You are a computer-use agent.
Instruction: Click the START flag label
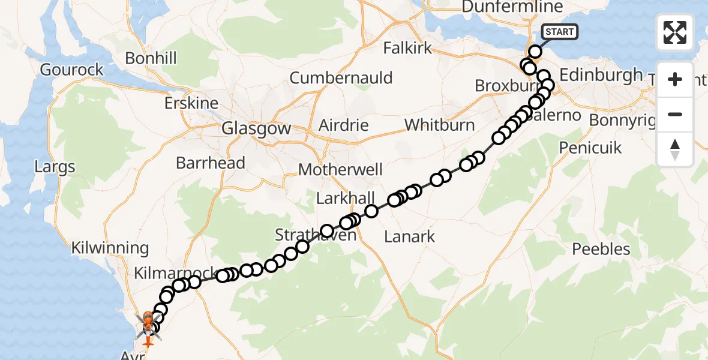[560, 32]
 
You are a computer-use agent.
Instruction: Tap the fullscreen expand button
[675, 32]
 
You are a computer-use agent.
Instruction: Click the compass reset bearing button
[675, 149]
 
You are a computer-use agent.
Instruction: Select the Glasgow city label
[256, 128]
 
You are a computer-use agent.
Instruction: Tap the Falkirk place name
[407, 48]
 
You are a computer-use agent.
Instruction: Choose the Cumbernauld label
[341, 78]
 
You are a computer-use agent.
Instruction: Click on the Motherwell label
[340, 170]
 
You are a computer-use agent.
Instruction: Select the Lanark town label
[410, 236]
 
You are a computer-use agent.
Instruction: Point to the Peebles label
[601, 249]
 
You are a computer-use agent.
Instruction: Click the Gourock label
[72, 70]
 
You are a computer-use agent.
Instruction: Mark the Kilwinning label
[110, 248]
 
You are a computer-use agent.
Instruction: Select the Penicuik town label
[590, 148]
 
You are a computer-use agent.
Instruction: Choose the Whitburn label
[439, 125]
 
